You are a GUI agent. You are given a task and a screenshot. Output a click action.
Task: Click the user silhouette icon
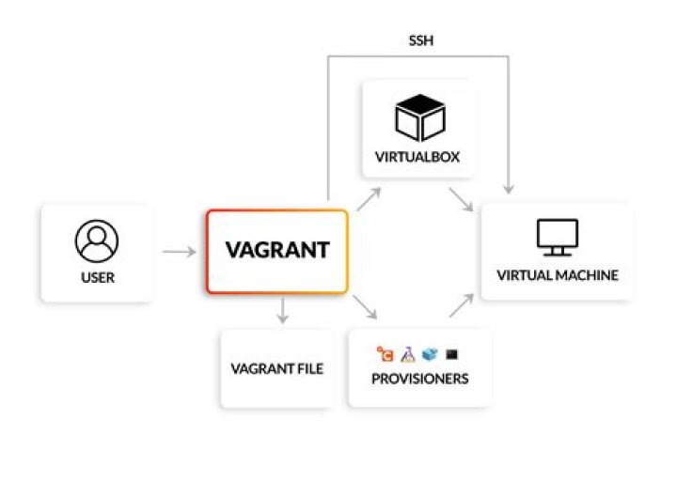coord(97,242)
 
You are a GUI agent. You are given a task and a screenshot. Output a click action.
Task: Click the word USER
coord(97,279)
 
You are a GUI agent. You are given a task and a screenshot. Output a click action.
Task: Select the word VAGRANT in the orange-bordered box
coord(276,251)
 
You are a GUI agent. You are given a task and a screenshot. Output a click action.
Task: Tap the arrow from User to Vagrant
coord(179,252)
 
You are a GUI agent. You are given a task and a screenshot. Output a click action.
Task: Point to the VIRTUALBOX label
coord(419,157)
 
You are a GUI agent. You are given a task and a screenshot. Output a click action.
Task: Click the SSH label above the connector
coord(419,40)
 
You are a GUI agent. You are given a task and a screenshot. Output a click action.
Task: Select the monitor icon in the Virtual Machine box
coord(558,239)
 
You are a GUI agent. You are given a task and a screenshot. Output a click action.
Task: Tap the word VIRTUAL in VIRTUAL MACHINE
coord(523,275)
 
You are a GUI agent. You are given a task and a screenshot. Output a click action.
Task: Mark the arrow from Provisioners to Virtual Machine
coord(461,306)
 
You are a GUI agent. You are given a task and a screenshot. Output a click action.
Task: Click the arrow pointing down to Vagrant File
coord(281,312)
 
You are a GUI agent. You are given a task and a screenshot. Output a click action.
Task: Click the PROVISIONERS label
coord(419,380)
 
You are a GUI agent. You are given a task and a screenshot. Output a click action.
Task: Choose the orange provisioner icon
coord(385,354)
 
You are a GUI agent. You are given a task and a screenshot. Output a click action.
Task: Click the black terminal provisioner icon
coord(452,354)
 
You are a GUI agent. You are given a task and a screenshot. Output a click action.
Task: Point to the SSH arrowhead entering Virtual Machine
coord(509,191)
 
